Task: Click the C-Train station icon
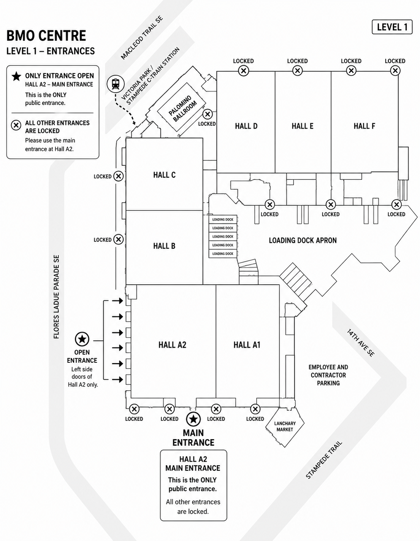tap(116, 84)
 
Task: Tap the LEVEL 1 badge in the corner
tap(392, 27)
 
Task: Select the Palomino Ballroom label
tap(182, 109)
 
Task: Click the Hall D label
tap(246, 126)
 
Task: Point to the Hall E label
tap(302, 126)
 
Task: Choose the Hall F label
tap(364, 126)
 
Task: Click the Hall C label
tap(164, 175)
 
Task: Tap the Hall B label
tap(164, 246)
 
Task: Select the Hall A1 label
tap(247, 345)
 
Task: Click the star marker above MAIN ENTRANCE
tap(193, 419)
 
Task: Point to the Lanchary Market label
tap(285, 426)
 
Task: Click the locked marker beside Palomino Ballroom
tap(208, 114)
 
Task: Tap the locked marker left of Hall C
tap(119, 176)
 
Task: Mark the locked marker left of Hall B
tap(119, 240)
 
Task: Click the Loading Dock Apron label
tap(303, 240)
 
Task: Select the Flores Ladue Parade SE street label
tap(57, 297)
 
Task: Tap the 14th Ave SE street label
tap(361, 343)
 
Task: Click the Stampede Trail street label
tap(324, 460)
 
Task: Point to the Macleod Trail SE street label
tap(142, 38)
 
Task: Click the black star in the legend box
tap(16, 76)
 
